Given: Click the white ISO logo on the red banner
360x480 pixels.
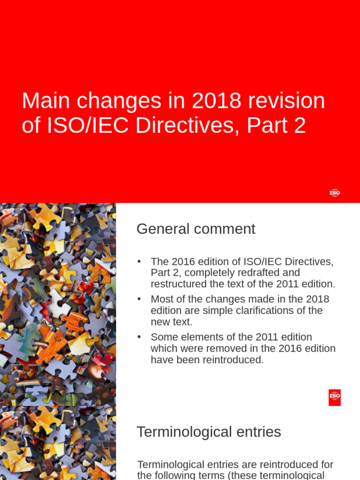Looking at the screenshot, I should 335,193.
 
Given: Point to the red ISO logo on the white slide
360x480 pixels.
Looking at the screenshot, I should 335,397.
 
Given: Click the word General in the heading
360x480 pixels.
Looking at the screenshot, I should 162,229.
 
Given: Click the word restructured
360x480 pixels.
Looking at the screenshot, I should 177,284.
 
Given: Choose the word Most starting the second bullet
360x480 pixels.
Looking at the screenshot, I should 161,299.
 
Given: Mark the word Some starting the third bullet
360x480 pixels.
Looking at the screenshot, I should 162,337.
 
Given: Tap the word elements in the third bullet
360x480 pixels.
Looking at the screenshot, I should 196,337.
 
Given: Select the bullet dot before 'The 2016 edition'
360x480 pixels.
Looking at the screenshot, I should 139,262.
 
